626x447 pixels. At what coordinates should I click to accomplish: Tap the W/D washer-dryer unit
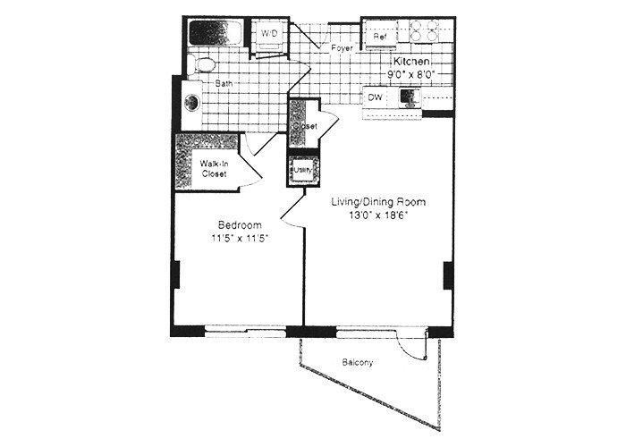[269, 34]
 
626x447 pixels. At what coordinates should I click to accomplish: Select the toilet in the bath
[203, 64]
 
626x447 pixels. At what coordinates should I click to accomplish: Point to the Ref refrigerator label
[379, 37]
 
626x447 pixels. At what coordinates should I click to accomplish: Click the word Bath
[223, 84]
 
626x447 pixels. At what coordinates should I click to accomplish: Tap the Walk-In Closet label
[213, 169]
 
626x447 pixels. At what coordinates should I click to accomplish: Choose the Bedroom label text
[239, 224]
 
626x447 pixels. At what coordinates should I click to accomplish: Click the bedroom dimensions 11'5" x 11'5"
[239, 239]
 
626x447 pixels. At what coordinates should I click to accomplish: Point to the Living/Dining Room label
[374, 203]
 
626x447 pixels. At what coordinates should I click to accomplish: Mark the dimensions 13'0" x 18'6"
[374, 217]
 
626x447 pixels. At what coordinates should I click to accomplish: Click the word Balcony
[358, 363]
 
